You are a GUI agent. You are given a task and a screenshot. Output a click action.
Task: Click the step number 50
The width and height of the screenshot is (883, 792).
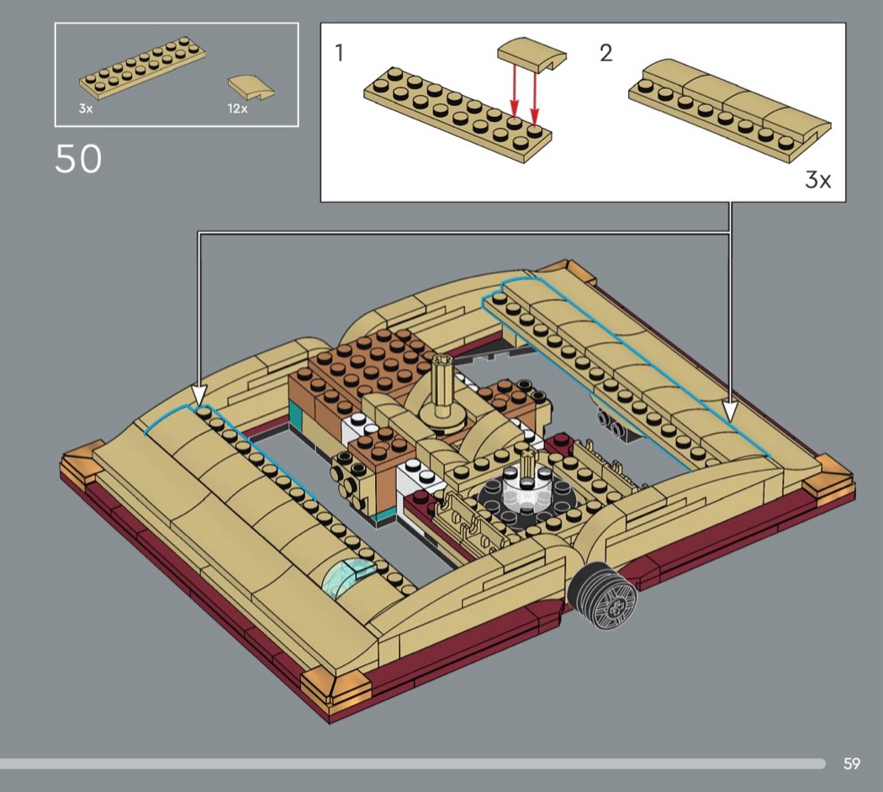coord(78,159)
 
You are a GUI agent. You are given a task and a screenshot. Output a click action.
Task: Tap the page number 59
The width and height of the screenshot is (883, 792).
coord(851,763)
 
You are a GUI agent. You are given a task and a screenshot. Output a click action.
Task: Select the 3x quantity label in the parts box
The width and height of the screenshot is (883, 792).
coord(86,109)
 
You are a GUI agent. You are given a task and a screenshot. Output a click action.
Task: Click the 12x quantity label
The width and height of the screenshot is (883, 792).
coord(238,108)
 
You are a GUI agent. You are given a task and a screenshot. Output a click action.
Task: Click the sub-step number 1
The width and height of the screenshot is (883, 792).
coord(339,54)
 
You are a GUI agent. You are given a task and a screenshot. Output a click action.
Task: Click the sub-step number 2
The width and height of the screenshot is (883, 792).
coord(606,53)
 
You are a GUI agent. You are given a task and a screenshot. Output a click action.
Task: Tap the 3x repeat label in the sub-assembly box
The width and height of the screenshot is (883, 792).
coord(818,180)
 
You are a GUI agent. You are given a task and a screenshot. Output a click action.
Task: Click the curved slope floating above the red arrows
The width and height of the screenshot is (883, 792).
coord(531,55)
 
